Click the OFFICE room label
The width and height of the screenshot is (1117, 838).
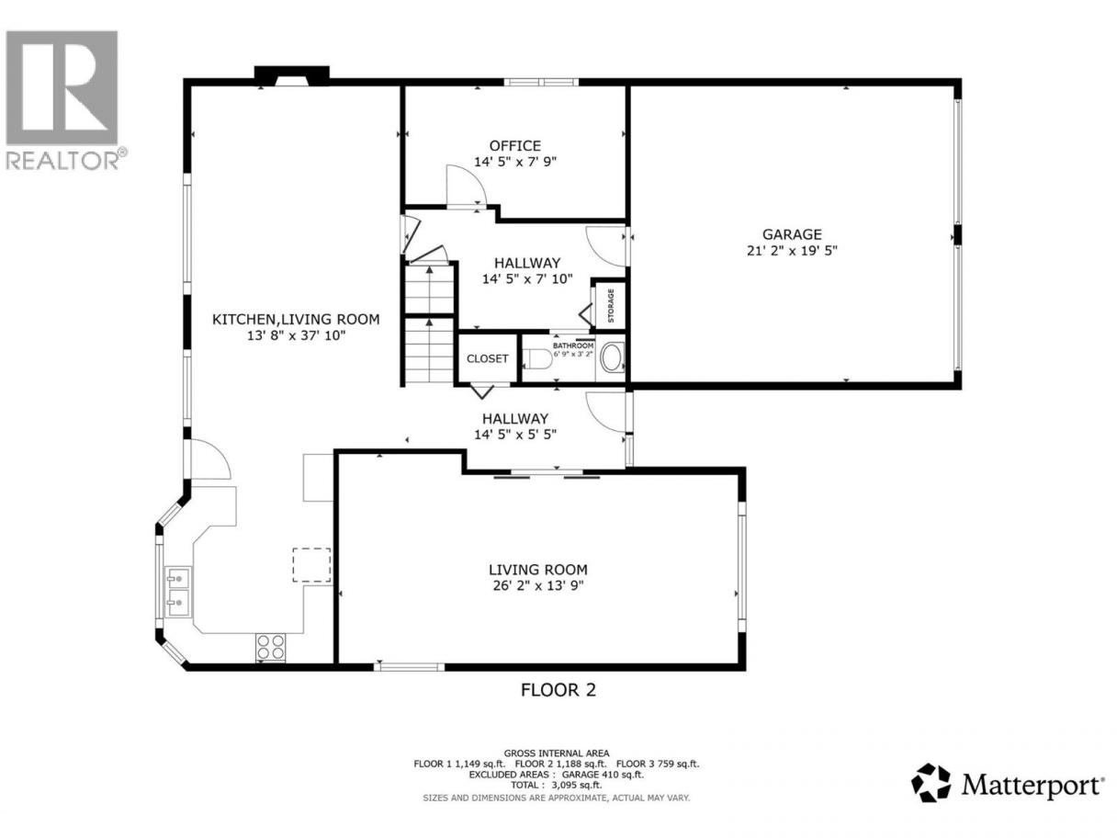(x=514, y=146)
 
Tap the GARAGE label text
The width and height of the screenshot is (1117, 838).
(x=792, y=234)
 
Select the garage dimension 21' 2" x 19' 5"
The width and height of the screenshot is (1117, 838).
(x=792, y=251)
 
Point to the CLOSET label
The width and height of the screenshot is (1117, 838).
(x=487, y=358)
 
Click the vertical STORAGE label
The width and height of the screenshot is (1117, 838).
(x=611, y=305)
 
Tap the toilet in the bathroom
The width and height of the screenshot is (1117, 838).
(x=536, y=359)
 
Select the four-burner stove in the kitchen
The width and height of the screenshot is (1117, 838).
(x=270, y=647)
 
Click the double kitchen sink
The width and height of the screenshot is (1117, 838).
(x=177, y=593)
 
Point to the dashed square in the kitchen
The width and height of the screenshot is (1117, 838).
(x=311, y=565)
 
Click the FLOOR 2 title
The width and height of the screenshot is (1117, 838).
(x=558, y=690)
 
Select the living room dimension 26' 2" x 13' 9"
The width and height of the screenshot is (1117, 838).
(x=538, y=585)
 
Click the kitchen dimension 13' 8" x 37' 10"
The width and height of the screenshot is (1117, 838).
(x=296, y=335)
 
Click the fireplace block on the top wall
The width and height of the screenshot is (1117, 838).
(x=291, y=75)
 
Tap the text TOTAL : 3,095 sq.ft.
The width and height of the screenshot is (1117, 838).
(x=557, y=785)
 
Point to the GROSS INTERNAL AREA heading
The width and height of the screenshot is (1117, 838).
(x=557, y=753)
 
